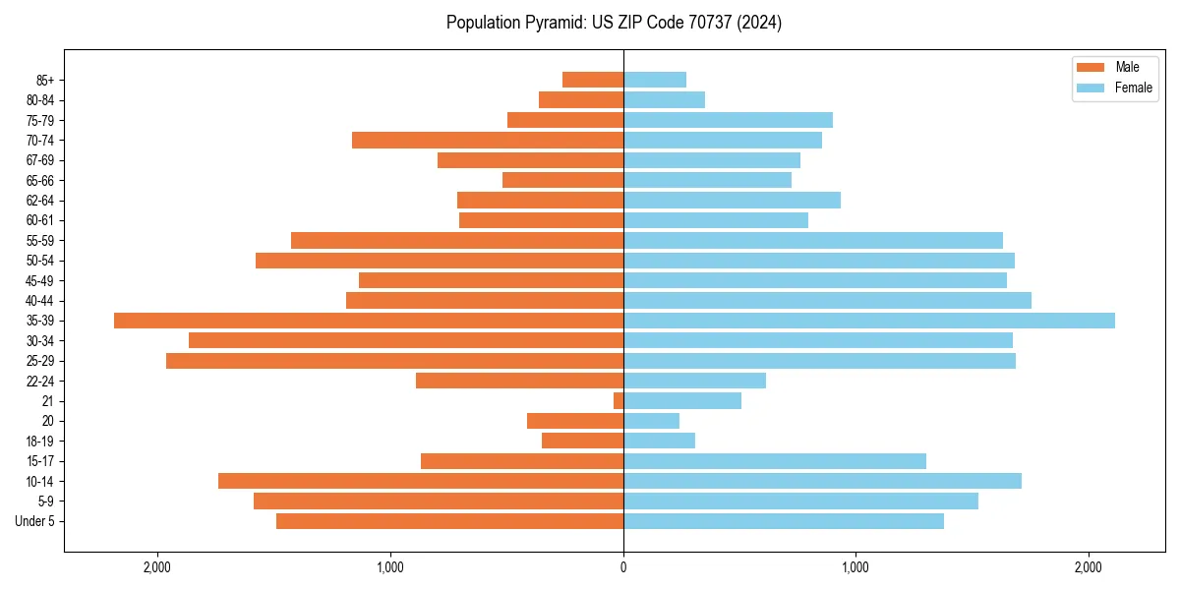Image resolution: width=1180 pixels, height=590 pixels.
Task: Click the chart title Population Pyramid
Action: [614, 23]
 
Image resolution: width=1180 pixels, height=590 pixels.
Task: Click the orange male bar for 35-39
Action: [369, 321]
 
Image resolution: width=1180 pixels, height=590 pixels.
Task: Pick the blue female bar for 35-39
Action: [869, 321]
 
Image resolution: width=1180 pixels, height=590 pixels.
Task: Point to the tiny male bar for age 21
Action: [619, 401]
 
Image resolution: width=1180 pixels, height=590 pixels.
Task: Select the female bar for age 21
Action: [682, 401]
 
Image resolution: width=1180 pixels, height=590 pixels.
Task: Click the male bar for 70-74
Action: [488, 141]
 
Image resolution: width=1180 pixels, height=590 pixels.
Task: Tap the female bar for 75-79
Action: [728, 120]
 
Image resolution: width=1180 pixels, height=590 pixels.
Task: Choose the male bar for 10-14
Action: [421, 481]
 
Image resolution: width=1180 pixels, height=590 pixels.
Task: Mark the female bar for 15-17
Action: [775, 461]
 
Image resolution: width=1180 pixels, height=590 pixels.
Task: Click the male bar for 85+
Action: [593, 80]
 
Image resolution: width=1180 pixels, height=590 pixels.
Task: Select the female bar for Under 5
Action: [784, 521]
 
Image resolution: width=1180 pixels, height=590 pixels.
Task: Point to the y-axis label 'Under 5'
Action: [35, 521]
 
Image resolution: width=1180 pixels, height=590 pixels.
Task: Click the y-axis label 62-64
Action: [39, 201]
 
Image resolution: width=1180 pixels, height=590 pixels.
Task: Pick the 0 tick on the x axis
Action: [623, 567]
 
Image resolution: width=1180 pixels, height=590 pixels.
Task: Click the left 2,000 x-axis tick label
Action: [157, 567]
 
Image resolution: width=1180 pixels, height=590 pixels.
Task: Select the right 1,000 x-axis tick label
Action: [855, 567]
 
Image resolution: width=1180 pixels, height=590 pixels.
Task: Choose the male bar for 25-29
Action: [394, 361]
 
